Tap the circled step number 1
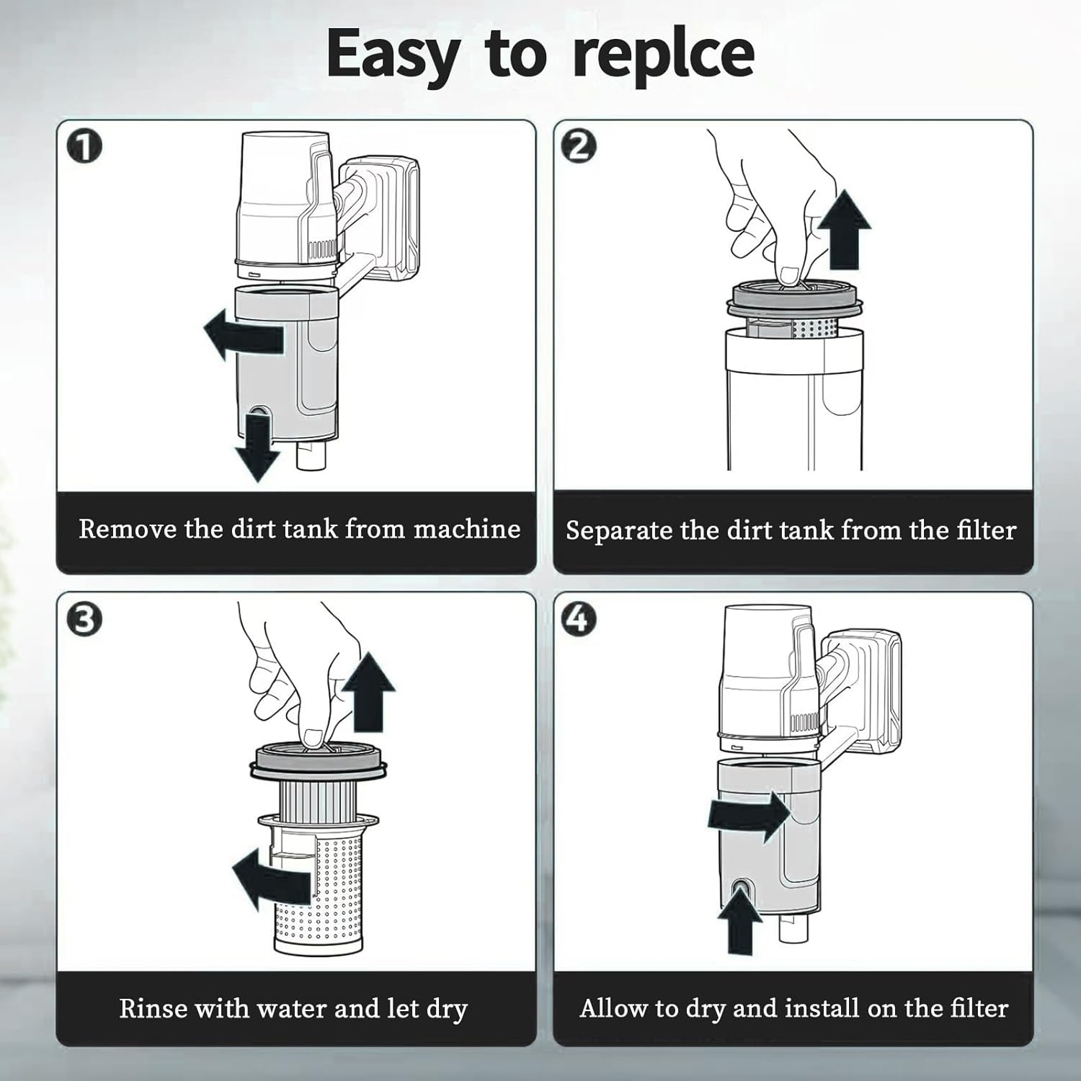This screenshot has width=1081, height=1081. coord(84,147)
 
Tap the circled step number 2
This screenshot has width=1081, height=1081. coord(580,146)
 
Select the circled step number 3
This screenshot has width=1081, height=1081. coord(84,619)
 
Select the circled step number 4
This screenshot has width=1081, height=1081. coord(579,618)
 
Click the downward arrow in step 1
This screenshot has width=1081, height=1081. coord(257,445)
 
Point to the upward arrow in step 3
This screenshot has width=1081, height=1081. coord(368,692)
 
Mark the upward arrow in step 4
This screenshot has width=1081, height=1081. coord(740,920)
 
